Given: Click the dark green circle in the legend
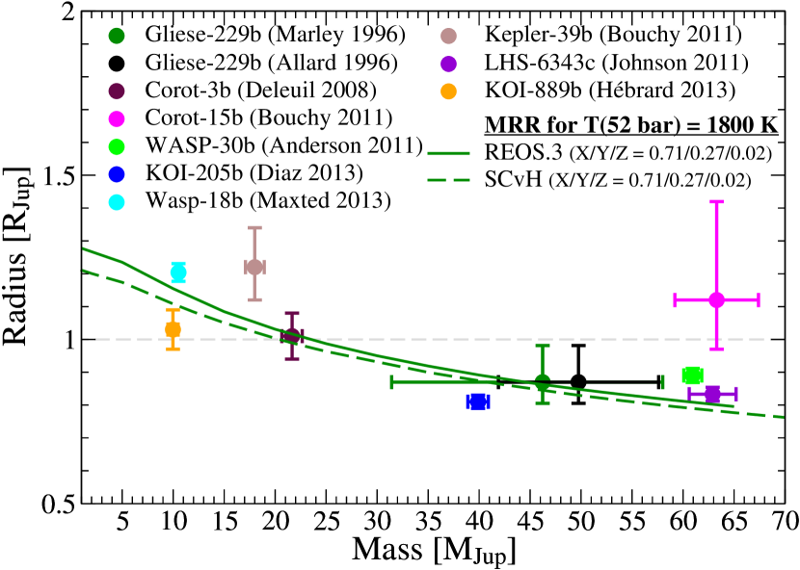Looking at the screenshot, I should point(117,36).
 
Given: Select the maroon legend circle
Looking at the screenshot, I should point(117,91).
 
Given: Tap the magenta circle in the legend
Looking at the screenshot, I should point(117,119).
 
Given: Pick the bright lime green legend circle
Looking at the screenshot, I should point(117,147).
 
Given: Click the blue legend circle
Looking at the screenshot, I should point(117,174).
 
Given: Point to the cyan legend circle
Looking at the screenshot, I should point(117,202).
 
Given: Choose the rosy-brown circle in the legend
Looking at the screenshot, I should point(448,37).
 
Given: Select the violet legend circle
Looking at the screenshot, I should point(448,65).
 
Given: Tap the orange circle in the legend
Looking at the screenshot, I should point(448,91).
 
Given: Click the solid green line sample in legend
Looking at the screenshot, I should point(448,153).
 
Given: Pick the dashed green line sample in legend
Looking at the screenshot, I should point(448,180).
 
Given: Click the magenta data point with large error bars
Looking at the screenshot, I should point(716,299).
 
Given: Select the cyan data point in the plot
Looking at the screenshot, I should point(178,272).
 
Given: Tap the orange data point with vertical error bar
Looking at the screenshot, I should point(173,329).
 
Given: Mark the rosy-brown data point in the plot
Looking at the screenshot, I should point(254,267).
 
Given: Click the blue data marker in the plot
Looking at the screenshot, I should point(478,402).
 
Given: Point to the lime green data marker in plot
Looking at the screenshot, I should point(692,376).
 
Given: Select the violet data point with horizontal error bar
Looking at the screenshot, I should point(712,394).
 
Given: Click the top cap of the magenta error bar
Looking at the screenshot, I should point(716,202).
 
